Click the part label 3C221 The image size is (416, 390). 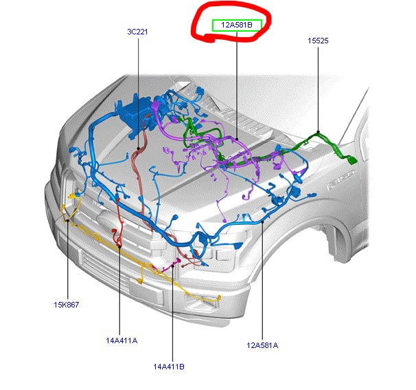click(137, 32)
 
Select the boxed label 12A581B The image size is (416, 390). click(237, 25)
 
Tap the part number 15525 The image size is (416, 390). click(318, 41)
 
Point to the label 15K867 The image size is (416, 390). click(67, 305)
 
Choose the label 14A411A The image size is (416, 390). click(122, 340)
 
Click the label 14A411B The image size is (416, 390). click(169, 367)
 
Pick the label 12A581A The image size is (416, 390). click(262, 345)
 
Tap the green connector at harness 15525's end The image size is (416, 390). click(352, 160)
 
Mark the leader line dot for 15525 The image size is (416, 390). click(318, 132)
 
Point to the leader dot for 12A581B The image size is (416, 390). click(237, 139)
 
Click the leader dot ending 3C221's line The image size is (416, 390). click(138, 148)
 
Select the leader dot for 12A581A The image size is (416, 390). click(262, 221)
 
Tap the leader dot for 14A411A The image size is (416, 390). click(119, 247)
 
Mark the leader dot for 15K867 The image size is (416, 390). click(68, 220)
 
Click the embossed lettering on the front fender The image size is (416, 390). click(341, 180)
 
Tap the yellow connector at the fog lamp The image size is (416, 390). click(219, 297)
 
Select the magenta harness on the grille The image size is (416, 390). click(170, 266)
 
